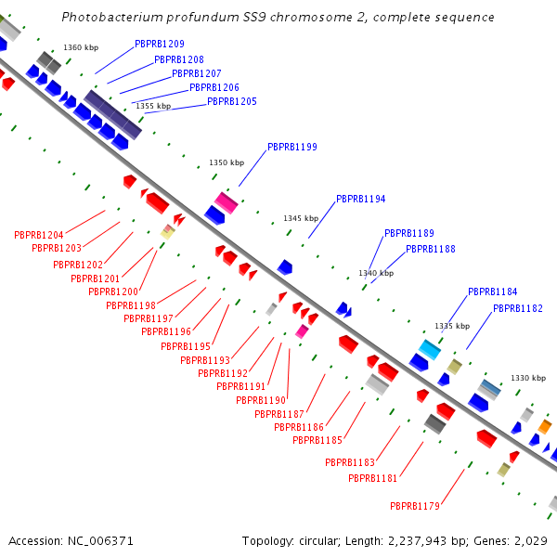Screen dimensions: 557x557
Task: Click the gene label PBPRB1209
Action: coord(159,44)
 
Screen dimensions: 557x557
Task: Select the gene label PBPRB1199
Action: coord(291,147)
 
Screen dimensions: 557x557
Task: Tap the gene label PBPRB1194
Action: coord(360,199)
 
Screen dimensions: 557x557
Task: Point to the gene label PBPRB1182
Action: coord(517,308)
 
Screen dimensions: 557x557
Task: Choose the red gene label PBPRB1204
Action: coord(38,235)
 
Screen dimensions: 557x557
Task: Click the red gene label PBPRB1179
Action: coord(414,506)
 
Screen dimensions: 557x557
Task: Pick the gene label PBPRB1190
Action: coord(260,400)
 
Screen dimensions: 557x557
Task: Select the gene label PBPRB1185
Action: coord(317,440)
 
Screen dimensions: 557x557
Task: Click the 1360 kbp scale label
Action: coord(81,47)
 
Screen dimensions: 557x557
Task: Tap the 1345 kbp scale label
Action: coord(301,218)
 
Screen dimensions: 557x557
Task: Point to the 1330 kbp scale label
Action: coord(528,378)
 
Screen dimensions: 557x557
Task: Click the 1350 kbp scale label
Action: coord(226,162)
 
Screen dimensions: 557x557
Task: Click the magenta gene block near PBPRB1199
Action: coord(227,202)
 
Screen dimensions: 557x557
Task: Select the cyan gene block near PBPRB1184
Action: coord(429,349)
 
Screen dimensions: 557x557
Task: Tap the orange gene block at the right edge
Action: coord(545,426)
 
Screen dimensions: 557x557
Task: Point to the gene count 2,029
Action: coord(532,540)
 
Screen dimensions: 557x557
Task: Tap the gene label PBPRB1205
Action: coord(231,101)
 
